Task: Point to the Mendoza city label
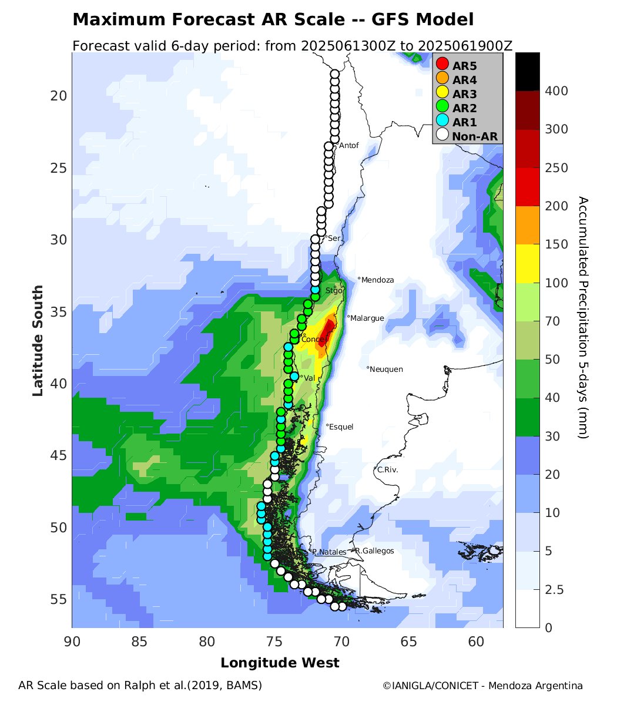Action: click(378, 280)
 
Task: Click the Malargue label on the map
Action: click(367, 318)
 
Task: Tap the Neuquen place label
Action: click(386, 369)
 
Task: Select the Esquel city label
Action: click(341, 427)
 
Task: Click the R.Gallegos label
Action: click(374, 550)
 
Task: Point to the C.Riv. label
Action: click(388, 469)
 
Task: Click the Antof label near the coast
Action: click(349, 145)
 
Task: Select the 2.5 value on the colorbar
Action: click(551, 589)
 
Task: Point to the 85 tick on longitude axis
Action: click(139, 642)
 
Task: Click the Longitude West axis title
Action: click(280, 663)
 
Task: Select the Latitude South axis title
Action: click(38, 340)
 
